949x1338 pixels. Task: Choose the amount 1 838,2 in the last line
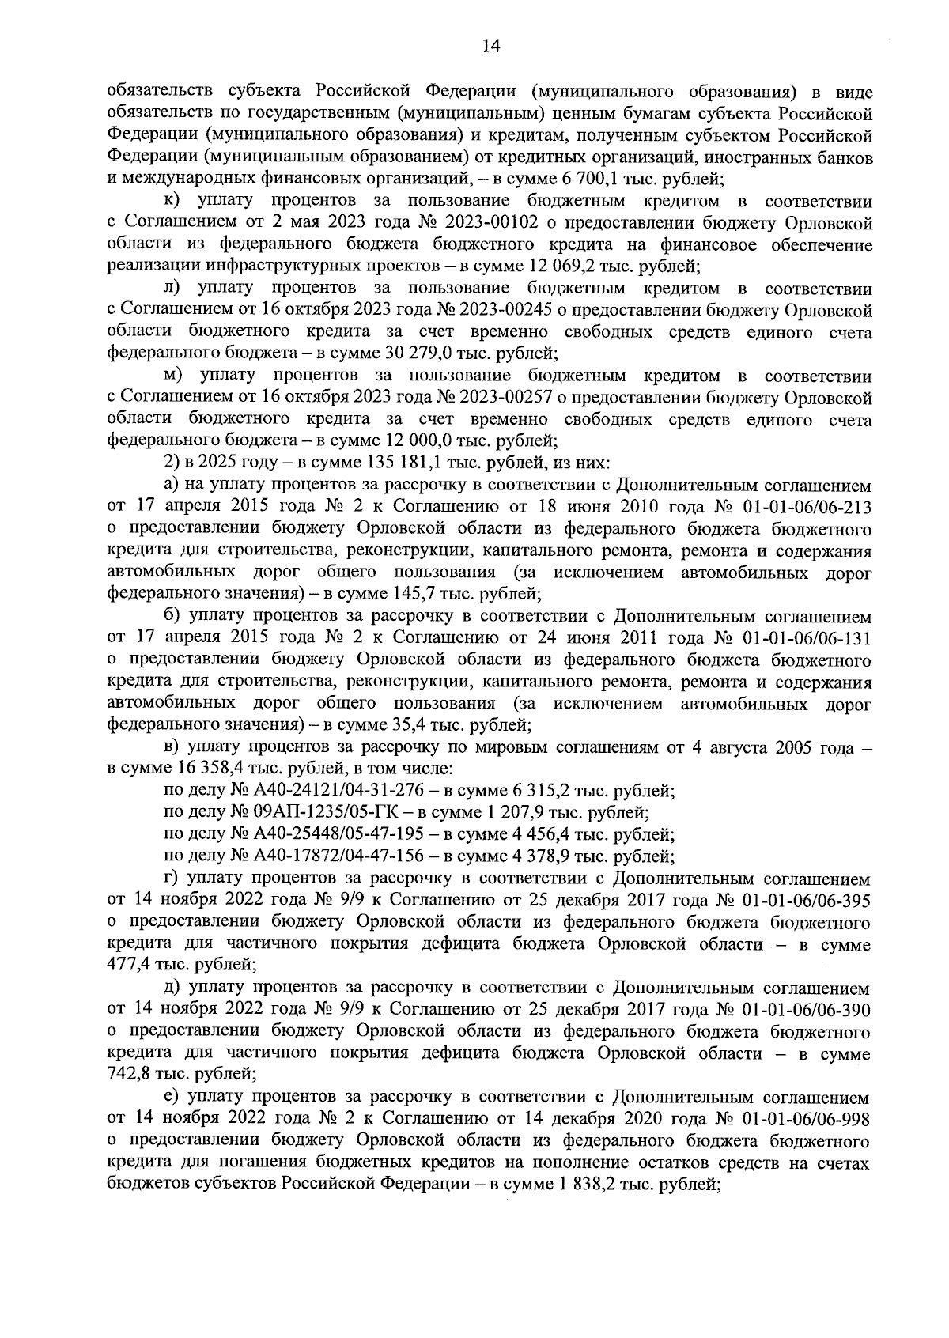pyautogui.click(x=585, y=1184)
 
